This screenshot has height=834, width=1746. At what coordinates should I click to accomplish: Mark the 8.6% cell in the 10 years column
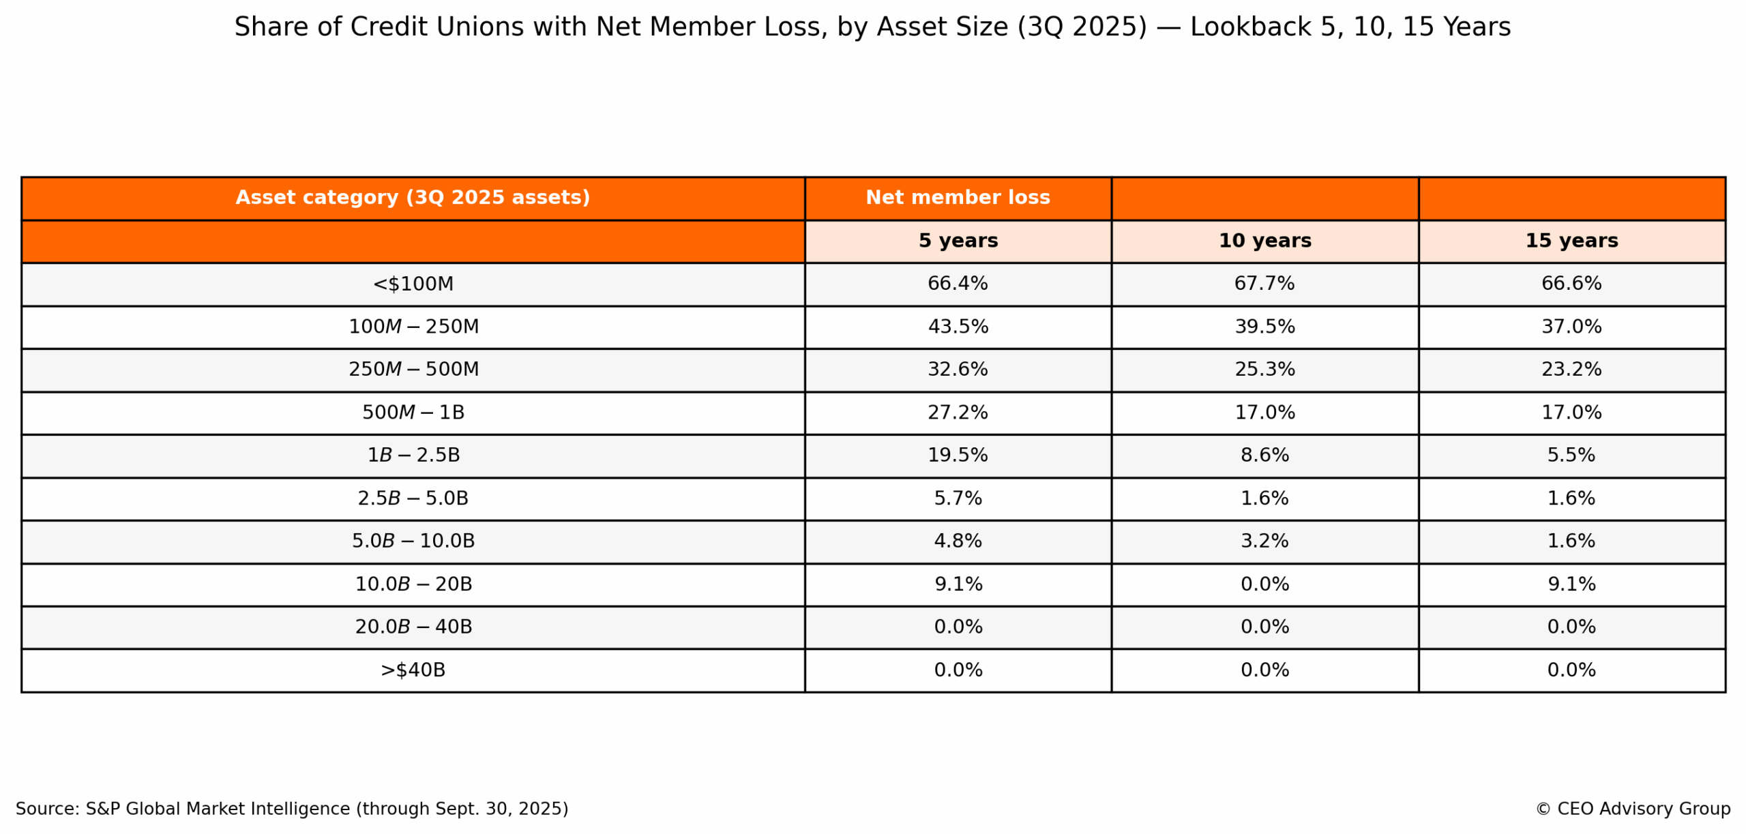[x=1264, y=455]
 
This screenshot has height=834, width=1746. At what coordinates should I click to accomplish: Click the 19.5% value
[x=957, y=455]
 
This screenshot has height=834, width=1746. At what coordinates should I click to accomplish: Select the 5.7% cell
[x=957, y=498]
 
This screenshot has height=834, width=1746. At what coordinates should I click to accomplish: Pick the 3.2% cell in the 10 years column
[x=1264, y=541]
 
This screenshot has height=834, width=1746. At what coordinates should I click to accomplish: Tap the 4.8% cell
[x=957, y=541]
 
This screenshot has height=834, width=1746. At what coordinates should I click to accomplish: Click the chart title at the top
[x=872, y=27]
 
